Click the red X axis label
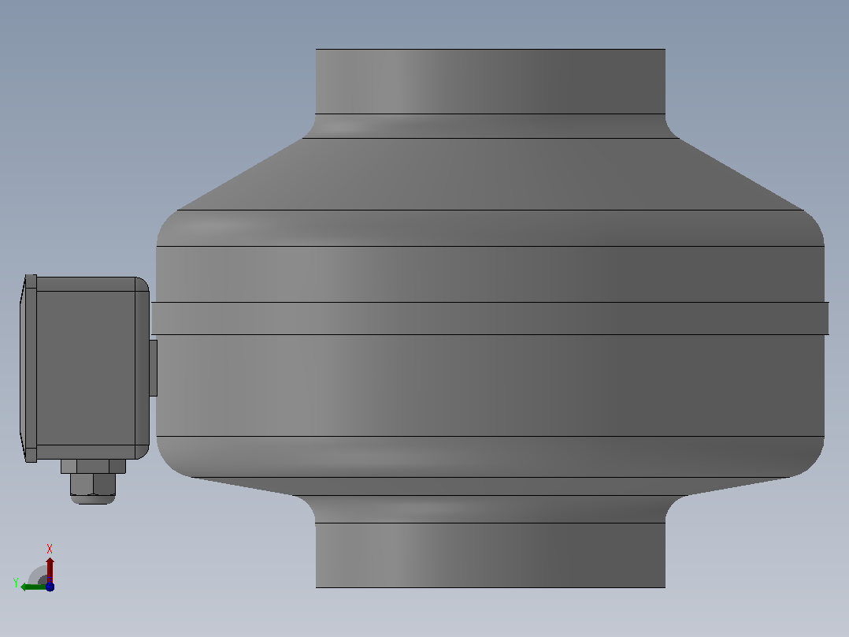(x=50, y=549)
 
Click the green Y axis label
(x=16, y=583)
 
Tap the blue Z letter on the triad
(x=50, y=587)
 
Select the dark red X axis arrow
(x=50, y=570)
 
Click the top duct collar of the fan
(x=491, y=81)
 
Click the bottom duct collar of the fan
(x=491, y=555)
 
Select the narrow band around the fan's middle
(x=490, y=318)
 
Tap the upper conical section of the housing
(x=491, y=174)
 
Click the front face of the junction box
(x=86, y=368)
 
